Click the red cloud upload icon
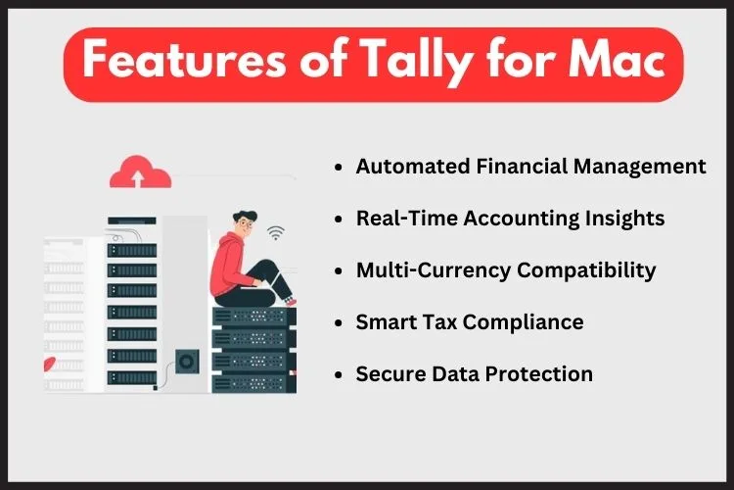click(140, 171)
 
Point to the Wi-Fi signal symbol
click(276, 232)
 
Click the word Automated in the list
click(413, 167)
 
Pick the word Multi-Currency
click(434, 270)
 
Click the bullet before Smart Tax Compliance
click(339, 323)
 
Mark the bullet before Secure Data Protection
click(339, 375)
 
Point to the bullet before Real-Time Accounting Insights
click(339, 219)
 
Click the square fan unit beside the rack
click(187, 362)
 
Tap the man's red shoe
click(291, 302)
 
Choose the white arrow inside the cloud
click(138, 178)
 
